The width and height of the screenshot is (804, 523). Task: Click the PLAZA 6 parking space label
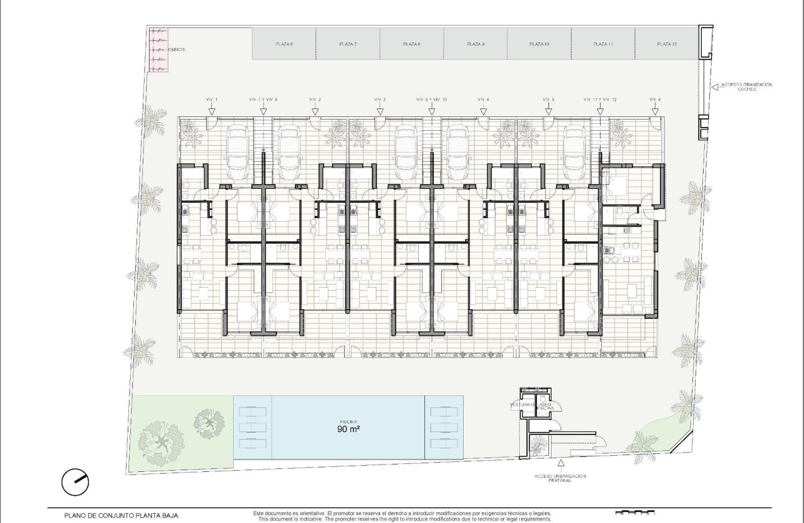(284, 44)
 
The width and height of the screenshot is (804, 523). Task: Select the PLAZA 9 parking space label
(475, 44)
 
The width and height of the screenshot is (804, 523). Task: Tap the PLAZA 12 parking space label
(666, 44)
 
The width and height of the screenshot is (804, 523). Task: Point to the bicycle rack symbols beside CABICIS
(158, 49)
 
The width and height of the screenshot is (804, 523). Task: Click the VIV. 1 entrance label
(212, 100)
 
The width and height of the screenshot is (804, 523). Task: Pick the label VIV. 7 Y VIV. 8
(263, 100)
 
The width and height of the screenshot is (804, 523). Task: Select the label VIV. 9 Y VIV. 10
(431, 100)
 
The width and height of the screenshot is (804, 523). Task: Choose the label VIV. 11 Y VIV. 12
(600, 100)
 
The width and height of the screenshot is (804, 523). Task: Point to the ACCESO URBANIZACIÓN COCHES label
(747, 87)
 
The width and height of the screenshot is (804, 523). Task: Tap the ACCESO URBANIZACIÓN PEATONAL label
(560, 478)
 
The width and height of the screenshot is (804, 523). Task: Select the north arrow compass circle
(75, 482)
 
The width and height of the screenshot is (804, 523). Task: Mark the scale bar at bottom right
(636, 514)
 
